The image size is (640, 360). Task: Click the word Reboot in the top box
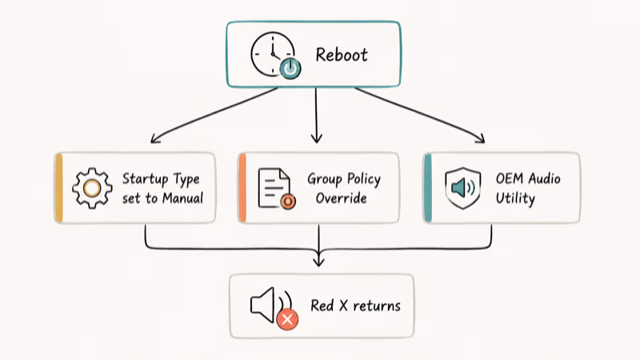(x=342, y=54)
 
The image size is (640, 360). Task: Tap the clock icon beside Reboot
(x=273, y=54)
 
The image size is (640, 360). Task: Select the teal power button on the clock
(x=290, y=69)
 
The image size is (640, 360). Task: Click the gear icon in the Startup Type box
(x=92, y=188)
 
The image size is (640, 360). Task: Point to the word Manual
(x=182, y=198)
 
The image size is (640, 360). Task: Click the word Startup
(x=146, y=179)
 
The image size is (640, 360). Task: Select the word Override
(x=342, y=198)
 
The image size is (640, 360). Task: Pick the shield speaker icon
(x=463, y=188)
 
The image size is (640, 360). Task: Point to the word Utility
(x=515, y=198)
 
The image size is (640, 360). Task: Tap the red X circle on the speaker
(x=287, y=319)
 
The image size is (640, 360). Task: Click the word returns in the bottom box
(x=377, y=306)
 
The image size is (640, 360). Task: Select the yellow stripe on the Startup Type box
(x=58, y=188)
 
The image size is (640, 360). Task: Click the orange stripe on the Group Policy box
(x=242, y=188)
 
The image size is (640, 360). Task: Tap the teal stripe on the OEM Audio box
(x=428, y=188)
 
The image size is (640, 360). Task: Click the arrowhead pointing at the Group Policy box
(x=316, y=138)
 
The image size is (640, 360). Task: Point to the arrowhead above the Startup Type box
(x=155, y=138)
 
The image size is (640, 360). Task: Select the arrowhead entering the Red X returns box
(x=318, y=261)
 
